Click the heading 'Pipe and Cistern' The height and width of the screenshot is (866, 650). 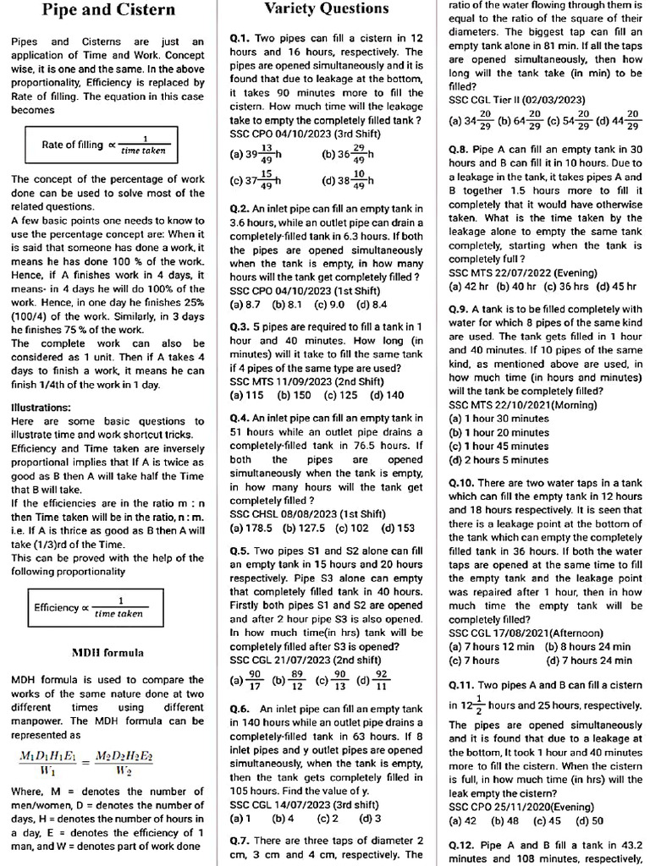pyautogui.click(x=108, y=11)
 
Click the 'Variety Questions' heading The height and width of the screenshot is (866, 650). pyautogui.click(x=327, y=9)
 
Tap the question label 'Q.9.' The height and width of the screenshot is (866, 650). pyautogui.click(x=459, y=309)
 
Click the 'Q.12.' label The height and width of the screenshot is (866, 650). pyautogui.click(x=462, y=845)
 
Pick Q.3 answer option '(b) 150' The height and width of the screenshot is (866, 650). pyautogui.click(x=295, y=395)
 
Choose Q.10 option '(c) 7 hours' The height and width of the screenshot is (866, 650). pyautogui.click(x=475, y=660)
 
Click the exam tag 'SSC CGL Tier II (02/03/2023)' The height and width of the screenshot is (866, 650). pyautogui.click(x=510, y=100)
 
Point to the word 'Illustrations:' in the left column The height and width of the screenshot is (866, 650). pyautogui.click(x=41, y=408)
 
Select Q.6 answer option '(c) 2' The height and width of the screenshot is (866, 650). pyautogui.click(x=328, y=818)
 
